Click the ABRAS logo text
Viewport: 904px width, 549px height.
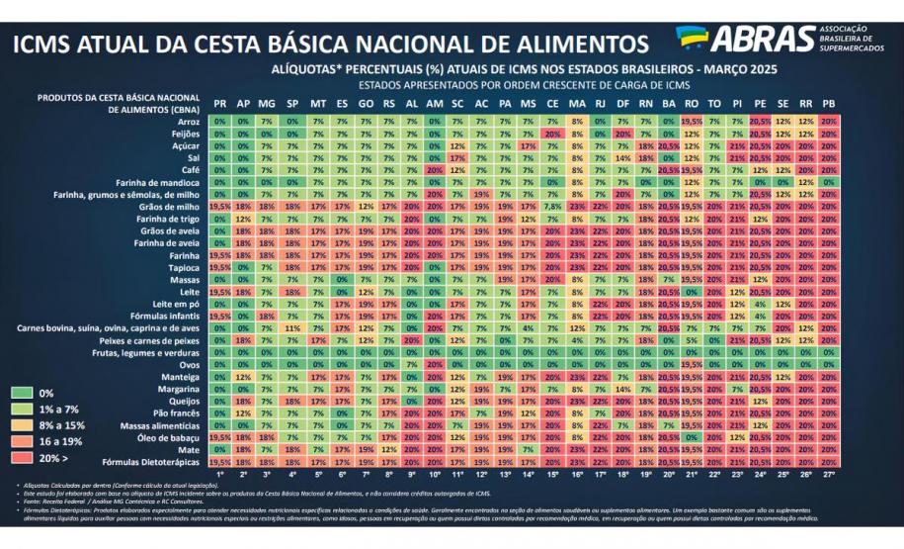click(760, 40)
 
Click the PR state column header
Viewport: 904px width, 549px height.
click(219, 103)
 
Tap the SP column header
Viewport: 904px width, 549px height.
click(292, 103)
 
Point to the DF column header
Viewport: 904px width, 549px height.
click(621, 103)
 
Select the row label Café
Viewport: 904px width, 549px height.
click(188, 170)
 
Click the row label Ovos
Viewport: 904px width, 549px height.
click(188, 364)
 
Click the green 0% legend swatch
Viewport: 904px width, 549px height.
click(20, 394)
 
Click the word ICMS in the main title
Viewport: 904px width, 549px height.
click(49, 45)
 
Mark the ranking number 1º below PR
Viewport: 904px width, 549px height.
click(219, 475)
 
